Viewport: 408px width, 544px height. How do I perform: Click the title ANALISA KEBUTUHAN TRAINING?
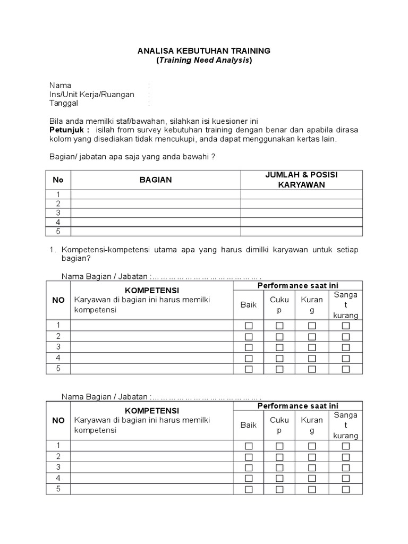tap(204, 51)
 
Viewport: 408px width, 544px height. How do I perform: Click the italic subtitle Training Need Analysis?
tap(204, 61)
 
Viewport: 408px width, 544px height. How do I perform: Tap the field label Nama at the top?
tap(60, 86)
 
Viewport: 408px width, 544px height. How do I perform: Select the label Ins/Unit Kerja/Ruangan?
tap(91, 95)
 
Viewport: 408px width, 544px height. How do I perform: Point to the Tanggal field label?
tap(64, 104)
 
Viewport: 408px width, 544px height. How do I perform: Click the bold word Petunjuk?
tap(70, 130)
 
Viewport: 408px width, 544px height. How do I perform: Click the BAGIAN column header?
tap(156, 180)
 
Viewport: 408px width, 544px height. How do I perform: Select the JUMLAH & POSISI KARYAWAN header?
tap(302, 180)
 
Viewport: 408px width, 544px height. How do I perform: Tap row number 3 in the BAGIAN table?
tap(58, 212)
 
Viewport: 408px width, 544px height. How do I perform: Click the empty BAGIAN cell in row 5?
tap(156, 232)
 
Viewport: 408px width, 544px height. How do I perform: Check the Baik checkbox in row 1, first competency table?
tap(249, 326)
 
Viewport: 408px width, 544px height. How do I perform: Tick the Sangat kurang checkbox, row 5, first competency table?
tap(346, 369)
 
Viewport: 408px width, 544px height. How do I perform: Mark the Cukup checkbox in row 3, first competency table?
tap(279, 347)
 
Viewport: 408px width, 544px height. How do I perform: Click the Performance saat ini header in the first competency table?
tap(298, 286)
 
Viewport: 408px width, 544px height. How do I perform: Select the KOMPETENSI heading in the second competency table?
tap(152, 411)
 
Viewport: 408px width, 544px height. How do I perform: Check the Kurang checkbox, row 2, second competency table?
tap(312, 457)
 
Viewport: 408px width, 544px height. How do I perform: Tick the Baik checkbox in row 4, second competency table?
tap(249, 479)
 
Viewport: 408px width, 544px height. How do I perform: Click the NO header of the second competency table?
tap(58, 420)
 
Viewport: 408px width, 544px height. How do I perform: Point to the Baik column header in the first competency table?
tap(249, 305)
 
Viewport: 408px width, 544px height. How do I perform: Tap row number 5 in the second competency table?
tap(58, 489)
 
